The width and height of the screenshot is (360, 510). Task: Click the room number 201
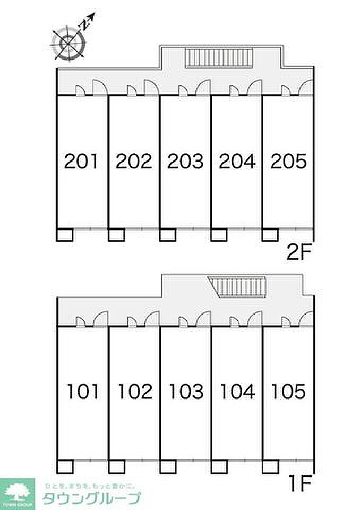82,161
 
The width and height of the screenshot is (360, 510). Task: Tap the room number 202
134,161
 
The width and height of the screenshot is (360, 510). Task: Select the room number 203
185,161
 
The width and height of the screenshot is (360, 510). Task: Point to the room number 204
237,161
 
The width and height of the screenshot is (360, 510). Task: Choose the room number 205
288,161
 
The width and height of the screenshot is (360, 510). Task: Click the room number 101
83,392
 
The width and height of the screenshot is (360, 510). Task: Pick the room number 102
135,392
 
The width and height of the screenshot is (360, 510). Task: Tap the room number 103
186,392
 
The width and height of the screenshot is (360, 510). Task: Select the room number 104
237,392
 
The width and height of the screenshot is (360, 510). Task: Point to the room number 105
288,392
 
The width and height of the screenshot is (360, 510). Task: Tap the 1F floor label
299,484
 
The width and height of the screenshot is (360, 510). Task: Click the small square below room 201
65,235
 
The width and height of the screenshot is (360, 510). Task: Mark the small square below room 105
270,466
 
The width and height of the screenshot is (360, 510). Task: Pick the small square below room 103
168,466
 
